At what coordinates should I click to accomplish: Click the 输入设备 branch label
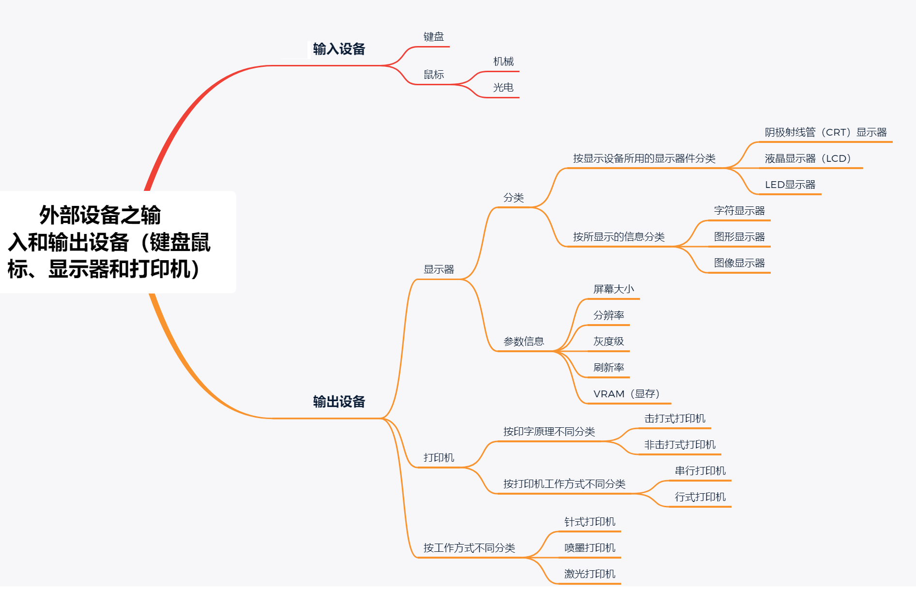tap(339, 49)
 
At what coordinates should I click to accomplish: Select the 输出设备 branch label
tap(339, 402)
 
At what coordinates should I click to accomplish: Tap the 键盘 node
tap(433, 37)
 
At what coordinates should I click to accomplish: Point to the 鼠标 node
tap(433, 75)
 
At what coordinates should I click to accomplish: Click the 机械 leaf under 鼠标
tap(503, 62)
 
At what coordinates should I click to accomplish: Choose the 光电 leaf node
tap(503, 88)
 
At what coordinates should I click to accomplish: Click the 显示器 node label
tap(439, 269)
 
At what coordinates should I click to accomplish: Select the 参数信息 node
tap(523, 342)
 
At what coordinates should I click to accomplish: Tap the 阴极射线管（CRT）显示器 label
tap(825, 132)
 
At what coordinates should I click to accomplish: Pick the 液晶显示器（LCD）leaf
tap(808, 158)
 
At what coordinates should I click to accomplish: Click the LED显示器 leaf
tap(790, 185)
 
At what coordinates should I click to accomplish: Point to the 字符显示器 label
tap(739, 211)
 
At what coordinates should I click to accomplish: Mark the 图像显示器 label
tap(739, 263)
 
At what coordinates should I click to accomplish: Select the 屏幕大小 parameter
tap(613, 289)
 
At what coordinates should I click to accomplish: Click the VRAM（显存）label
tap(626, 394)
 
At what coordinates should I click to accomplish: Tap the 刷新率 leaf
tap(609, 368)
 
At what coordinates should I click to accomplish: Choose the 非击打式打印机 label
tap(680, 445)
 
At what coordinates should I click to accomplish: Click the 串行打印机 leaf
tap(700, 471)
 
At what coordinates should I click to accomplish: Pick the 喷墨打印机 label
tap(590, 548)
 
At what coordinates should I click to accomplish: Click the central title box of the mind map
tap(109, 242)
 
